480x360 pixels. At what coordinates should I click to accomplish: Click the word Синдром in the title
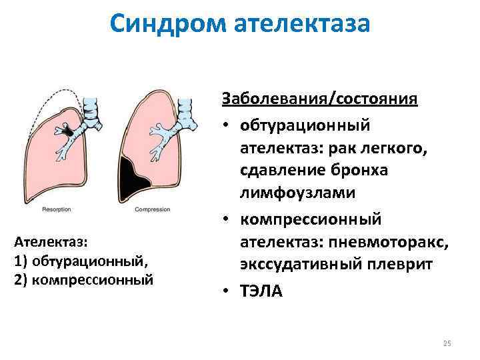click(x=168, y=24)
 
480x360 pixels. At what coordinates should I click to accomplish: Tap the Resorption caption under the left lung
click(x=57, y=209)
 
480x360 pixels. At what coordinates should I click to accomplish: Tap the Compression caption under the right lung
click(x=153, y=209)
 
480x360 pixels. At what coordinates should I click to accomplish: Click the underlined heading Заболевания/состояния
click(x=319, y=99)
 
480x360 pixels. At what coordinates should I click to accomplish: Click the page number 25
click(x=447, y=343)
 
